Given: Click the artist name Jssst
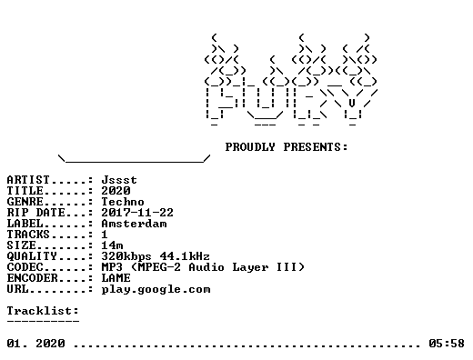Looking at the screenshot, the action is pyautogui.click(x=119, y=180).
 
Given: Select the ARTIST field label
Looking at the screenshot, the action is pyautogui.click(x=28, y=180).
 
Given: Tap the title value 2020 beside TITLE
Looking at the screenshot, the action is pyautogui.click(x=116, y=191).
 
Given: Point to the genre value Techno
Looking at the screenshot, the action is pyautogui.click(x=123, y=202).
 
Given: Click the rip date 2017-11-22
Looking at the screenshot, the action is pyautogui.click(x=137, y=213).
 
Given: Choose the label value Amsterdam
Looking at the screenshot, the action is pyautogui.click(x=134, y=224).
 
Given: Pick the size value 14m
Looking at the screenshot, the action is pyautogui.click(x=112, y=245).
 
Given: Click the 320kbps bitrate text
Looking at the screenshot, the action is pyautogui.click(x=126, y=256).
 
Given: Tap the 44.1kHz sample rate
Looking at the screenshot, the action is pyautogui.click(x=185, y=256).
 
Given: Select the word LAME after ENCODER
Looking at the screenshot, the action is pyautogui.click(x=116, y=278).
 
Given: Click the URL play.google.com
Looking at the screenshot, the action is pyautogui.click(x=156, y=290).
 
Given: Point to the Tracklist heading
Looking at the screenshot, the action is pyautogui.click(x=43, y=311).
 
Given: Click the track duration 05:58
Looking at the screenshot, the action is pyautogui.click(x=447, y=344).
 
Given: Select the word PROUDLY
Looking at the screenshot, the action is pyautogui.click(x=250, y=147).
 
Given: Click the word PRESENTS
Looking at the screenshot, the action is pyautogui.click(x=316, y=147).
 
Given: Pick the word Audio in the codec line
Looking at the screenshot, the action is pyautogui.click(x=206, y=267).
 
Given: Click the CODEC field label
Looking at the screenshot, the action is pyautogui.click(x=25, y=267).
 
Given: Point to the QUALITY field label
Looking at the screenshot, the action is pyautogui.click(x=32, y=256).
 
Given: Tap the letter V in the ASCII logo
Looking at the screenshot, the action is pyautogui.click(x=352, y=104).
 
